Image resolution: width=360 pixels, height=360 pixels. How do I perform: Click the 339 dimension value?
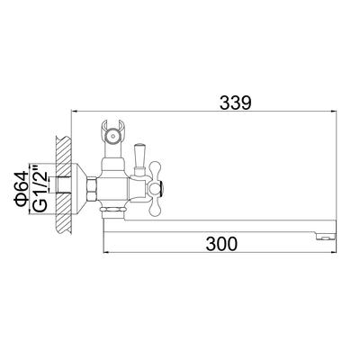(x=235, y=103)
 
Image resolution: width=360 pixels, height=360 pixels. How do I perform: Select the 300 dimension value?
(x=221, y=244)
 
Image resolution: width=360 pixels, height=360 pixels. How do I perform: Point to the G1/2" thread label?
(x=40, y=188)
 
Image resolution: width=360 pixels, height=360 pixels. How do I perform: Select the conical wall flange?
(x=79, y=189)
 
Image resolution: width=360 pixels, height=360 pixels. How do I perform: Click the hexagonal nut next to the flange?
(x=93, y=189)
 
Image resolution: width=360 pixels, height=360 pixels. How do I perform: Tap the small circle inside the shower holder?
(x=112, y=136)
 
